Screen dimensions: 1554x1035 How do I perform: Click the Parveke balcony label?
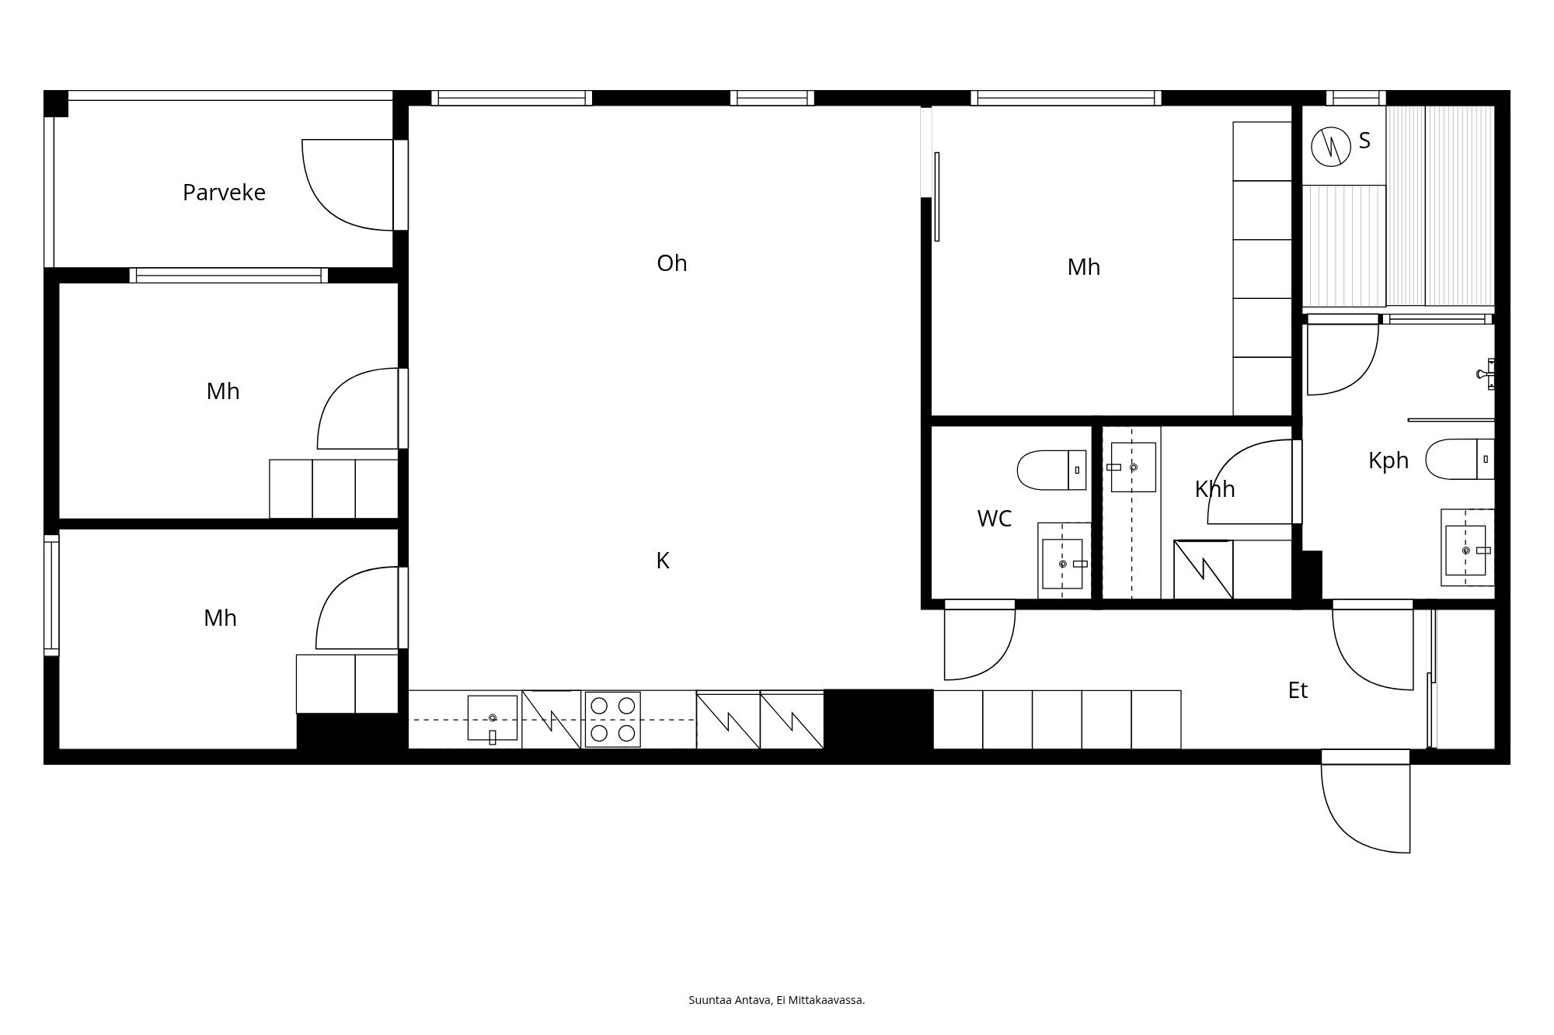point(224,193)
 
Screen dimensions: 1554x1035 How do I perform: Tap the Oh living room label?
point(672,263)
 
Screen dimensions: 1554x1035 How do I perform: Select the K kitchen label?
point(663,561)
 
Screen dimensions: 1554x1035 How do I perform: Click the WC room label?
point(994,519)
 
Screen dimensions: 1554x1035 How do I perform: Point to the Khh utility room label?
point(1214,489)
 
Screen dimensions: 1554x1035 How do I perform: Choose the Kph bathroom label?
point(1388,460)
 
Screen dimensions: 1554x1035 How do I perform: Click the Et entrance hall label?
point(1298,690)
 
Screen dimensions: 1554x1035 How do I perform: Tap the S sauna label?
point(1364,141)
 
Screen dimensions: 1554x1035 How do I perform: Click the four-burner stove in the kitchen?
point(612,720)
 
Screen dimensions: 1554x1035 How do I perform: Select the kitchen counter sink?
point(492,719)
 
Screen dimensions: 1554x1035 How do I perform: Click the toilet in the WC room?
point(1051,470)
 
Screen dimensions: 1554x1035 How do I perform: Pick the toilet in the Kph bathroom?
point(1460,459)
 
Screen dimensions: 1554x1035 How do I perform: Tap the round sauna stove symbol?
point(1331,146)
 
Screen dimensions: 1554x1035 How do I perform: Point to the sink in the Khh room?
point(1133,467)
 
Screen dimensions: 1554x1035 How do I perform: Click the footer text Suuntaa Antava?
point(730,1000)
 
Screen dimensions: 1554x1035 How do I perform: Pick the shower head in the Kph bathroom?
point(1486,374)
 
